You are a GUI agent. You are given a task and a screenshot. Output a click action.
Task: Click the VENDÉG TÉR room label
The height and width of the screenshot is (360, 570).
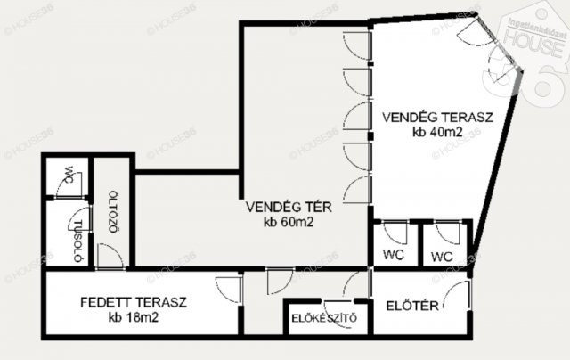289,207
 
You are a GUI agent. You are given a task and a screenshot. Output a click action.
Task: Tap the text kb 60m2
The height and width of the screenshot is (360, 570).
289,222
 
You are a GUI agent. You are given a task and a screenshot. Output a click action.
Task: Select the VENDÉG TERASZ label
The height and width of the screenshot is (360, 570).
437,118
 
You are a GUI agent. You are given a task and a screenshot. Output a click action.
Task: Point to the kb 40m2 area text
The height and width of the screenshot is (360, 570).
437,132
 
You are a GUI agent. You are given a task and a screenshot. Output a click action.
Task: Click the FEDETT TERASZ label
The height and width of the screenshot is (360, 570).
134,303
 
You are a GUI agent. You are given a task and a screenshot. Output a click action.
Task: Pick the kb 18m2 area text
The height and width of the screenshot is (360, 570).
134,317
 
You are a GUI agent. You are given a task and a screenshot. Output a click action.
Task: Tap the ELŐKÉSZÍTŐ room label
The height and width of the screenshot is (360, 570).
324,318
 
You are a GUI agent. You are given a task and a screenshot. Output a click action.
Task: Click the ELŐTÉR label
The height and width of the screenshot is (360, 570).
412,306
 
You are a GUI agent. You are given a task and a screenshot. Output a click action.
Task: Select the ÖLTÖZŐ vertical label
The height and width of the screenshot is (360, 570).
114,212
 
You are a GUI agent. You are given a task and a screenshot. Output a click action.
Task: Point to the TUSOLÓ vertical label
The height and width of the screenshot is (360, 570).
77,241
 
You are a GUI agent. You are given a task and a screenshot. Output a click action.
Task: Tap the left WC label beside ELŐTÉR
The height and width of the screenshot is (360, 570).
394,254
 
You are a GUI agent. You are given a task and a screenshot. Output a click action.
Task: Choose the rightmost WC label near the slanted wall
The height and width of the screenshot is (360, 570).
442,257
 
